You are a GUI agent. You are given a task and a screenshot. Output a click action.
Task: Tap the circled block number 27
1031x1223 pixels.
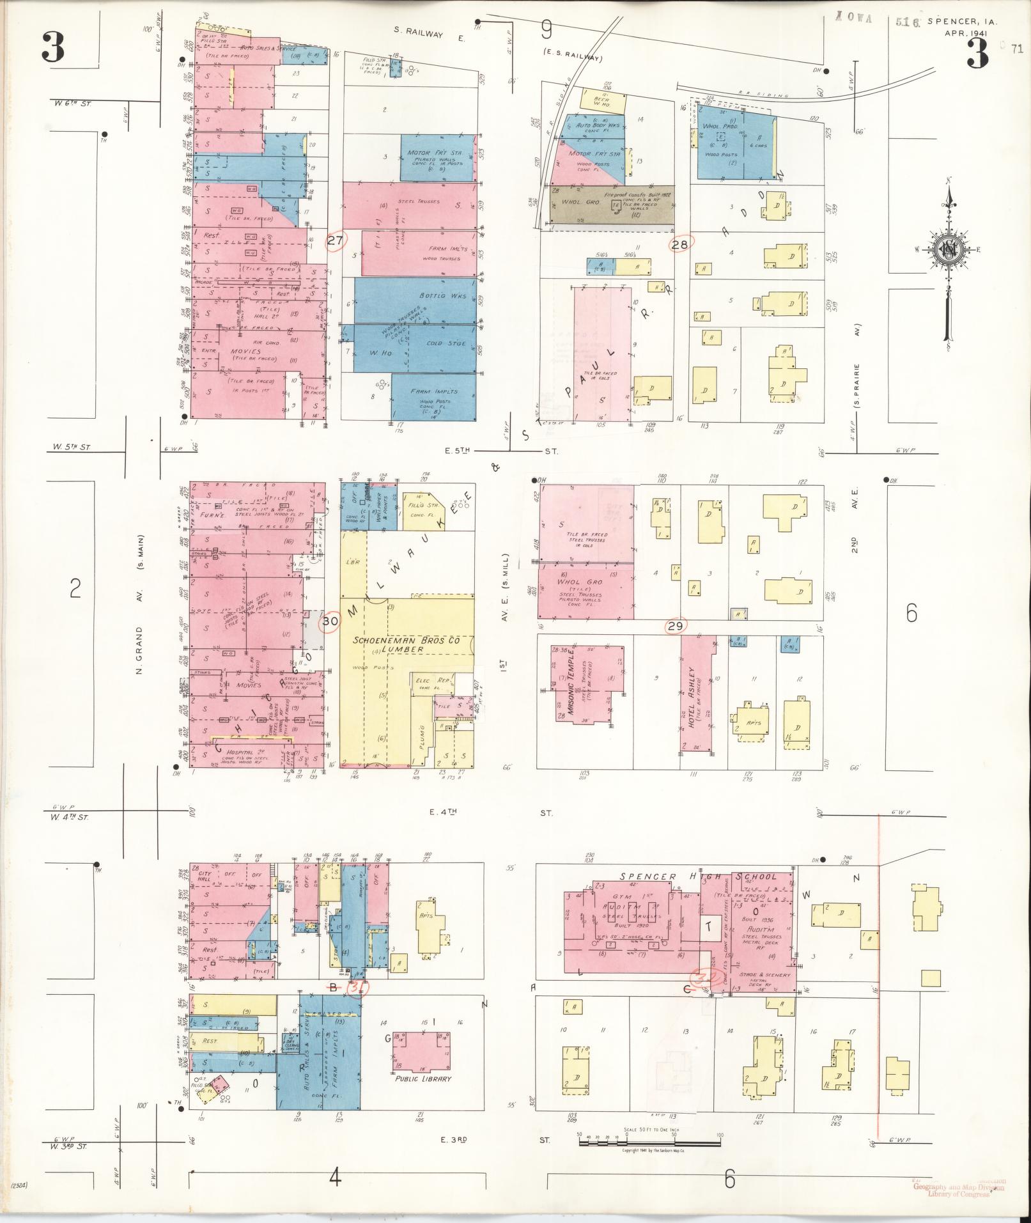(x=336, y=241)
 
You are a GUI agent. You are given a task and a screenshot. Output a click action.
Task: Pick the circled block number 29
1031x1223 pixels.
(x=676, y=627)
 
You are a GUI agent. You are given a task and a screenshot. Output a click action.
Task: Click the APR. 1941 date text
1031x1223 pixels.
(x=966, y=33)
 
